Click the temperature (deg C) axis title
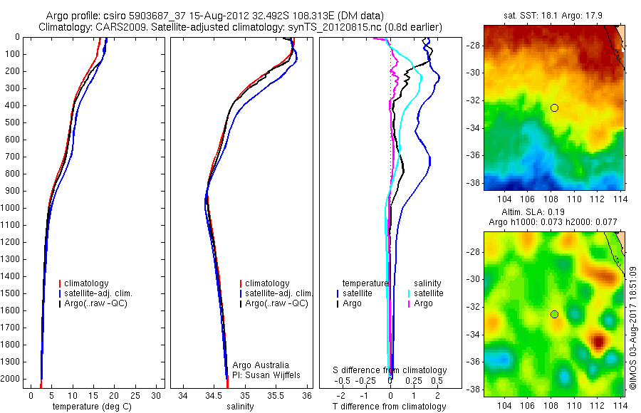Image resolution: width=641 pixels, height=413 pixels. pos(92,407)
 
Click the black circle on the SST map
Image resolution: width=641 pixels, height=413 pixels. pos(554,108)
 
